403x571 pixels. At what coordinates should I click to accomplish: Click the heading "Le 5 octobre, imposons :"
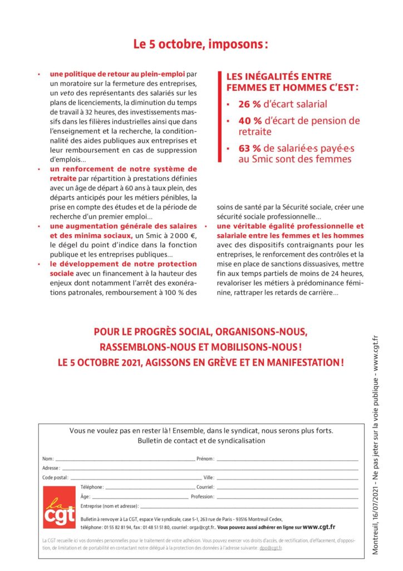click(x=200, y=45)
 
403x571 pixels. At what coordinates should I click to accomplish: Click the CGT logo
click(x=58, y=506)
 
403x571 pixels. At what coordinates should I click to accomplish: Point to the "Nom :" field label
click(x=48, y=459)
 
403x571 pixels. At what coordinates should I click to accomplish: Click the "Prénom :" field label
click(x=205, y=459)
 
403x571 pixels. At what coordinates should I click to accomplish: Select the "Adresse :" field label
click(x=51, y=468)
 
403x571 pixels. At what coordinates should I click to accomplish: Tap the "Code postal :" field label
click(x=55, y=478)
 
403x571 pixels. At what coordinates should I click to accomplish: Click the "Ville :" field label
click(x=209, y=478)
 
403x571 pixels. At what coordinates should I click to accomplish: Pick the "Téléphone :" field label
click(x=92, y=487)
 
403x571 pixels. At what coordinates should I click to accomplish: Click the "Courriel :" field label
click(x=206, y=487)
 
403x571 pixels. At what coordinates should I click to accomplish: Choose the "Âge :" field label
click(x=85, y=496)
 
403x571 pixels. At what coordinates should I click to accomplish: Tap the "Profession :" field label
click(x=203, y=496)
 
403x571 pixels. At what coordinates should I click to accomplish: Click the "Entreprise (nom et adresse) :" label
click(x=110, y=506)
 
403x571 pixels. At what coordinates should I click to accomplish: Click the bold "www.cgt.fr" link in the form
click(x=319, y=526)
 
